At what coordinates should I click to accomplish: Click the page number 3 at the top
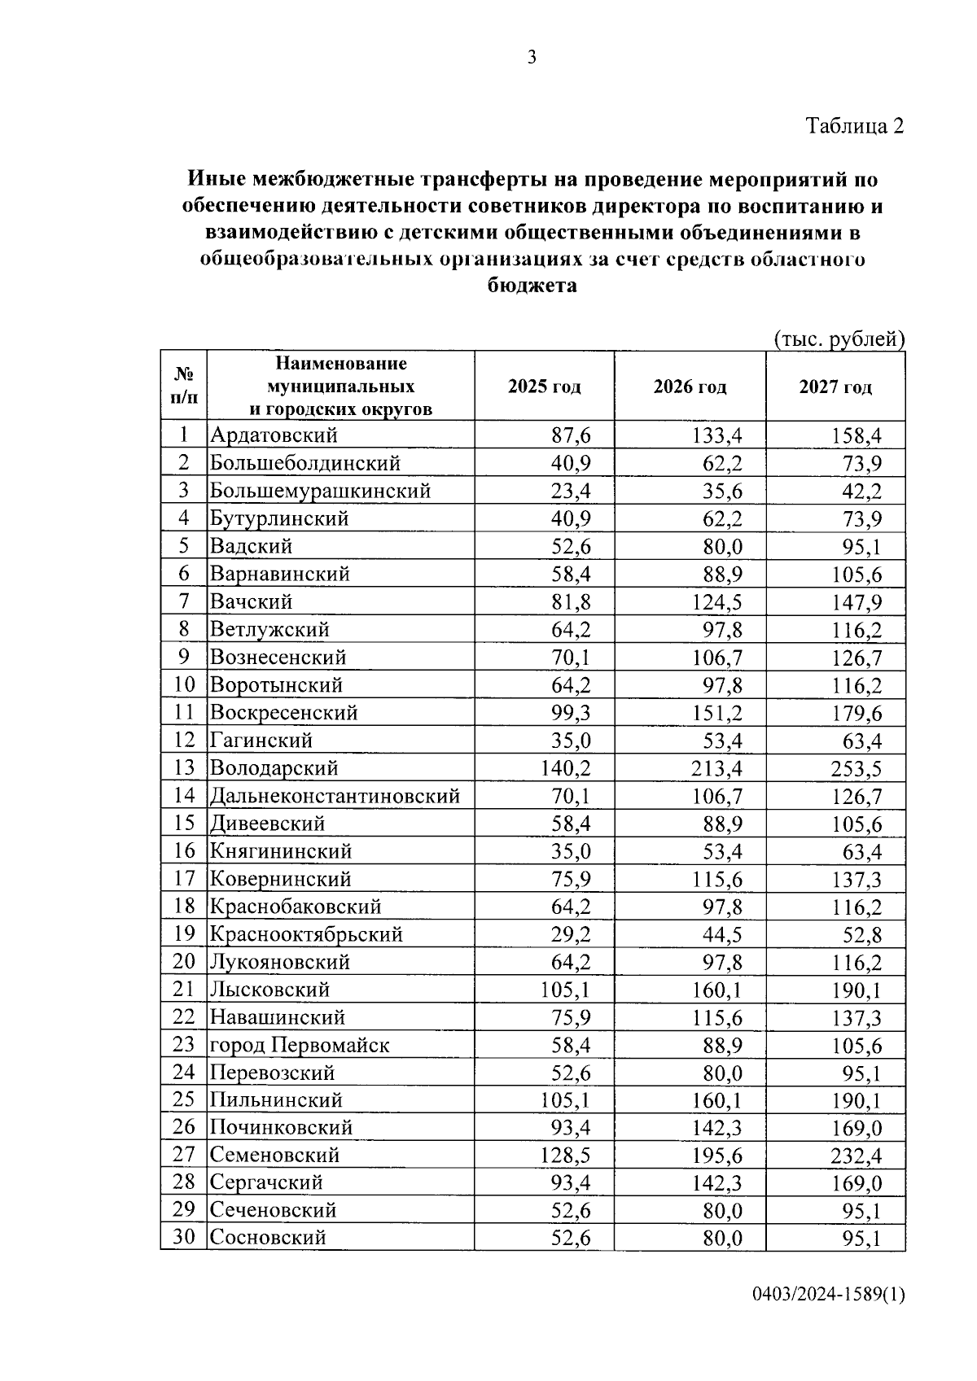pyautogui.click(x=532, y=57)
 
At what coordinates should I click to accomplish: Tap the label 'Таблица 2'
pyautogui.click(x=855, y=126)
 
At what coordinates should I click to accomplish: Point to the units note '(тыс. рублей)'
pyautogui.click(x=839, y=339)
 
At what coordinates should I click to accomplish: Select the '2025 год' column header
pyautogui.click(x=544, y=387)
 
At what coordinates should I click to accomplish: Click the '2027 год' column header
pyautogui.click(x=835, y=387)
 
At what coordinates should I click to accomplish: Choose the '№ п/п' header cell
pyautogui.click(x=184, y=386)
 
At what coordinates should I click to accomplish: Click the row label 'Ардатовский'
pyautogui.click(x=274, y=435)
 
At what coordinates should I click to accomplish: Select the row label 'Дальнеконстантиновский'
pyautogui.click(x=335, y=796)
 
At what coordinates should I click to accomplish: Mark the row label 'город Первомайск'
pyautogui.click(x=300, y=1045)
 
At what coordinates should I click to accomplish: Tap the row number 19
pyautogui.click(x=184, y=934)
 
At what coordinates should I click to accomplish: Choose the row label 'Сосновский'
pyautogui.click(x=268, y=1238)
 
